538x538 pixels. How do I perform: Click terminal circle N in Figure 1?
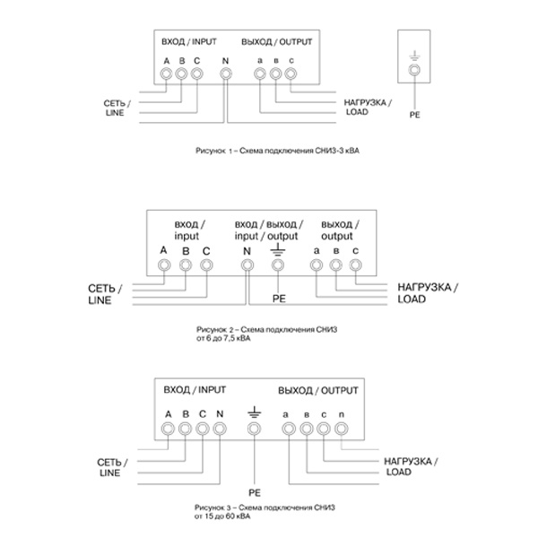coord(225,74)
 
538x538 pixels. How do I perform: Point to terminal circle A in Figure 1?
coord(167,74)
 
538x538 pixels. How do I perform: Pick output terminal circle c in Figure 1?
coord(291,74)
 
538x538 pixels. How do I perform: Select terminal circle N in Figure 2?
coord(247,265)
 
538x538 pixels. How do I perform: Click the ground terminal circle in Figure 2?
coord(277,265)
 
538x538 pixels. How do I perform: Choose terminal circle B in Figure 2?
coord(186,265)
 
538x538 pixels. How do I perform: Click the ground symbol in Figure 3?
coord(254,412)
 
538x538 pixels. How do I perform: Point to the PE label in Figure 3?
coord(254,492)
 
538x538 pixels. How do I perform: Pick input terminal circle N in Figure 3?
coord(220,430)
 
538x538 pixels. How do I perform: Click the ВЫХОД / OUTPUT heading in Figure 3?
coord(318,391)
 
